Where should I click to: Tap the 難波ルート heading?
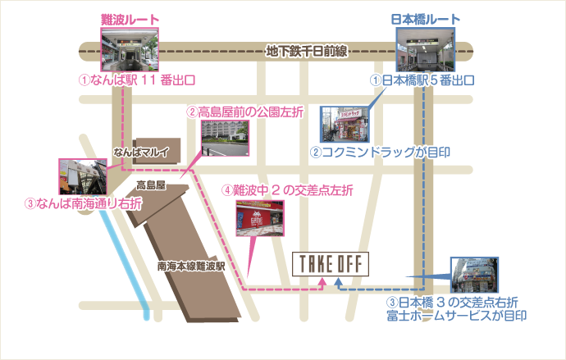pyautogui.click(x=130, y=19)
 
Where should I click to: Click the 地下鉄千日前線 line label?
pyautogui.click(x=308, y=52)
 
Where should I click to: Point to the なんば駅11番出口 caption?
pyautogui.click(x=136, y=81)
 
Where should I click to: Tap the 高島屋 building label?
pyautogui.click(x=151, y=186)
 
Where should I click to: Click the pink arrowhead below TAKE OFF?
pyautogui.click(x=322, y=282)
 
